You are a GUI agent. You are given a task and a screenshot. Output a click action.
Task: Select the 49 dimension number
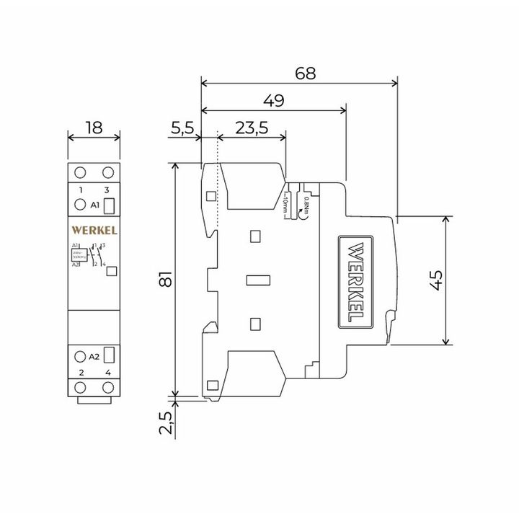click(x=273, y=100)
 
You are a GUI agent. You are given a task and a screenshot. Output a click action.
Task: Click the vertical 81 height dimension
click(x=164, y=280)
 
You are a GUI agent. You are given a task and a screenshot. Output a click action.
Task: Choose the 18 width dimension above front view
click(x=94, y=128)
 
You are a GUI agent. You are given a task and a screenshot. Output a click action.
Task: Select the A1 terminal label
click(x=95, y=205)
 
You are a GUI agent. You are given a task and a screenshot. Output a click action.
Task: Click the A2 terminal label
click(x=94, y=355)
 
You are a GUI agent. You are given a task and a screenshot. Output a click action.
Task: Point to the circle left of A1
click(x=79, y=205)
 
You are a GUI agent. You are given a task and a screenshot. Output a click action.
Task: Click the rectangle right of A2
click(x=110, y=355)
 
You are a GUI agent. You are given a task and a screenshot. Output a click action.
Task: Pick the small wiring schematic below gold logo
click(x=89, y=257)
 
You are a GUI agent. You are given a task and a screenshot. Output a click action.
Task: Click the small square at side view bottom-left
click(x=211, y=385)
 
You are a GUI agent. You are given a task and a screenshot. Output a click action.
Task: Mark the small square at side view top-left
click(x=211, y=195)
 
